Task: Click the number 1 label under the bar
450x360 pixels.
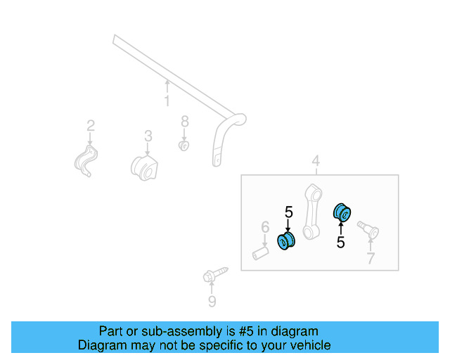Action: [x=167, y=101]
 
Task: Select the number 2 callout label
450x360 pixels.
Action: [x=91, y=126]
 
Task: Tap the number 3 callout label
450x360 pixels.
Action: [x=148, y=135]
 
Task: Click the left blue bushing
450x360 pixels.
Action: [x=287, y=241]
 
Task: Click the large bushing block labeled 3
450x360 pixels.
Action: [x=146, y=168]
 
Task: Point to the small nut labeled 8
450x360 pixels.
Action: [x=184, y=146]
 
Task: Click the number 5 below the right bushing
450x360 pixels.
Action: [x=341, y=243]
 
